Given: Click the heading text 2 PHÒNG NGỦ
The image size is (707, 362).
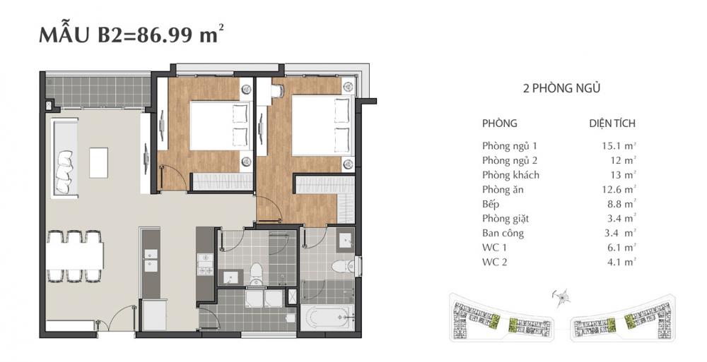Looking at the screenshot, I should point(561,89).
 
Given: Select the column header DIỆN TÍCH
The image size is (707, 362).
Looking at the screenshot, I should point(612,123).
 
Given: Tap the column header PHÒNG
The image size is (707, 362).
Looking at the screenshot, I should point(500,123).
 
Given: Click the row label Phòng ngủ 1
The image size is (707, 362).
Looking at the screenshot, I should point(510,145).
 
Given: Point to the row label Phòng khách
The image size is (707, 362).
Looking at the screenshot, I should point(511,175).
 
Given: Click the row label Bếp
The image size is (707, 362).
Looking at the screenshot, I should point(491,204).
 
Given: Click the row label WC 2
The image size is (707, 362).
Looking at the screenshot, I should point(496,262).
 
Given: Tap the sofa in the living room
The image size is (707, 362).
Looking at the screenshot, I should point(65,158).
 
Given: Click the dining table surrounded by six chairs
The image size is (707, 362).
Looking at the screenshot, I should point(76,255).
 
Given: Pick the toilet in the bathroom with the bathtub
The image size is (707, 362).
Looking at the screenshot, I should point(342,267).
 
